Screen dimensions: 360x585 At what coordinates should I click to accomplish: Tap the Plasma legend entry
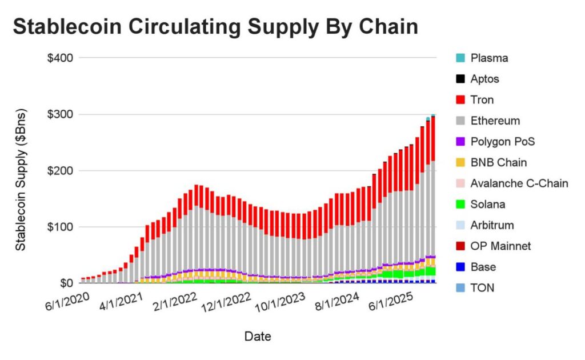[490, 58]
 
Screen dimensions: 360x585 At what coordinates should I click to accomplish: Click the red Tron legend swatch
[460, 100]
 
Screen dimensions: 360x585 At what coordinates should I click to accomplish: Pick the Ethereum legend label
[495, 121]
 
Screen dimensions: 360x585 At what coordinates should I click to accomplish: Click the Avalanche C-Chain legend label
[519, 183]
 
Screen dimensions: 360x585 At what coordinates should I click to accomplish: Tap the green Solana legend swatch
[460, 205]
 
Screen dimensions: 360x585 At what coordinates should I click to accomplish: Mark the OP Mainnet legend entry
[501, 246]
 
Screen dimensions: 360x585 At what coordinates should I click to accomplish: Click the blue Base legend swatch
[460, 267]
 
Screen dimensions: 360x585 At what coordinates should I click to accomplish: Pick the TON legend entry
[483, 288]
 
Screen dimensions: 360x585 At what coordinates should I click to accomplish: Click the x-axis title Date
[258, 337]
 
